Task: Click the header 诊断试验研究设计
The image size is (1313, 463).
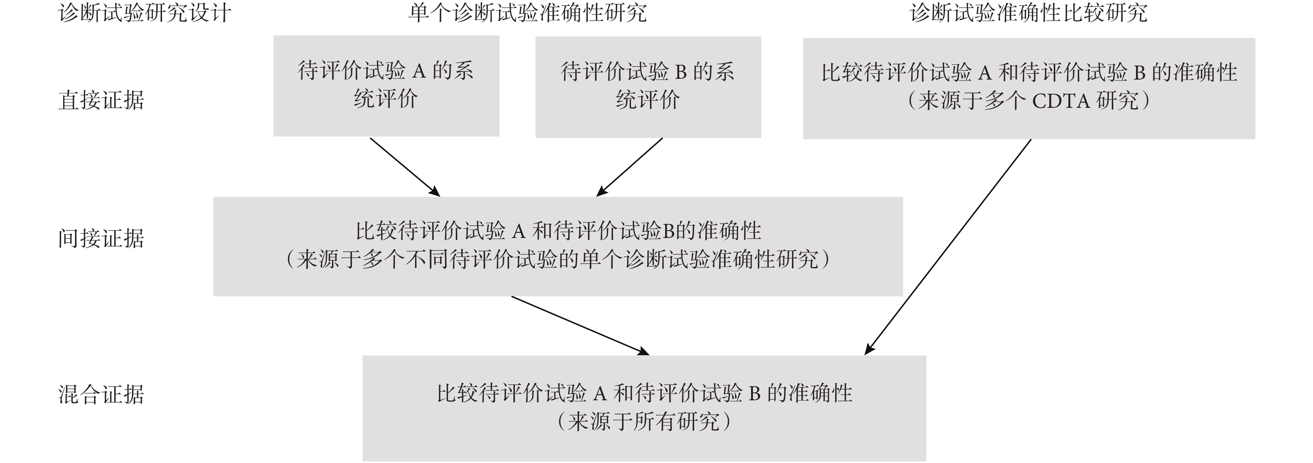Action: pos(145,13)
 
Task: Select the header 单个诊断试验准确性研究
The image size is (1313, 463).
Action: pos(527,13)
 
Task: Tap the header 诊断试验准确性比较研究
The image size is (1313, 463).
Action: pos(1029,13)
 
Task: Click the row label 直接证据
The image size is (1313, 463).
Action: pos(101,100)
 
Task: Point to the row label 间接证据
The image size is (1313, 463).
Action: pos(101,238)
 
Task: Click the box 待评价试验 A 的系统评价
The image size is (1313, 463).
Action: pos(387,85)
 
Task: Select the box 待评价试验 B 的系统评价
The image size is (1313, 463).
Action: pos(648,87)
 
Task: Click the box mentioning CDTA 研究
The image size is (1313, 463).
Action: pos(1029,88)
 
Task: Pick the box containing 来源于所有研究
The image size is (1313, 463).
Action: pos(644,408)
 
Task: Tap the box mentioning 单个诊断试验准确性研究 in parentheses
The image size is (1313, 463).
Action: pos(558,247)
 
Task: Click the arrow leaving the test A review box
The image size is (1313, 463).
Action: pos(405,167)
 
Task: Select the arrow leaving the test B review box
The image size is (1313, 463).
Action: pos(629,167)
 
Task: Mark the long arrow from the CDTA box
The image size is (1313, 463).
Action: pos(948,247)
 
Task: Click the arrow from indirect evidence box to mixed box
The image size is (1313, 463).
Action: pos(580,325)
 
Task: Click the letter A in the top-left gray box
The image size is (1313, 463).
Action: pos(418,71)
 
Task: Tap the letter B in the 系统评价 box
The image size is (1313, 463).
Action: pos(680,72)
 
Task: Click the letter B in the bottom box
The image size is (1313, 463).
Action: pos(754,394)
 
